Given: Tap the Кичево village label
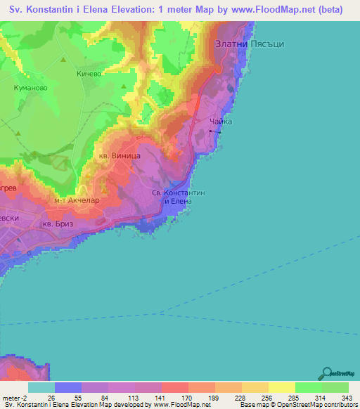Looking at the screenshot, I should (x=89, y=73).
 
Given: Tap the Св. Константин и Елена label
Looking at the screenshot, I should (x=179, y=196).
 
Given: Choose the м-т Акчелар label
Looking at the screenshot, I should (x=77, y=200).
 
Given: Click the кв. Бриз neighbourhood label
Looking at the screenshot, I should (x=58, y=223).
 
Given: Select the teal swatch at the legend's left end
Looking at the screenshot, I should (x=41, y=387).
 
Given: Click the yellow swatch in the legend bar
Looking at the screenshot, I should (x=281, y=387).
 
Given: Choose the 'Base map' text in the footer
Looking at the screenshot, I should (x=254, y=405).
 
